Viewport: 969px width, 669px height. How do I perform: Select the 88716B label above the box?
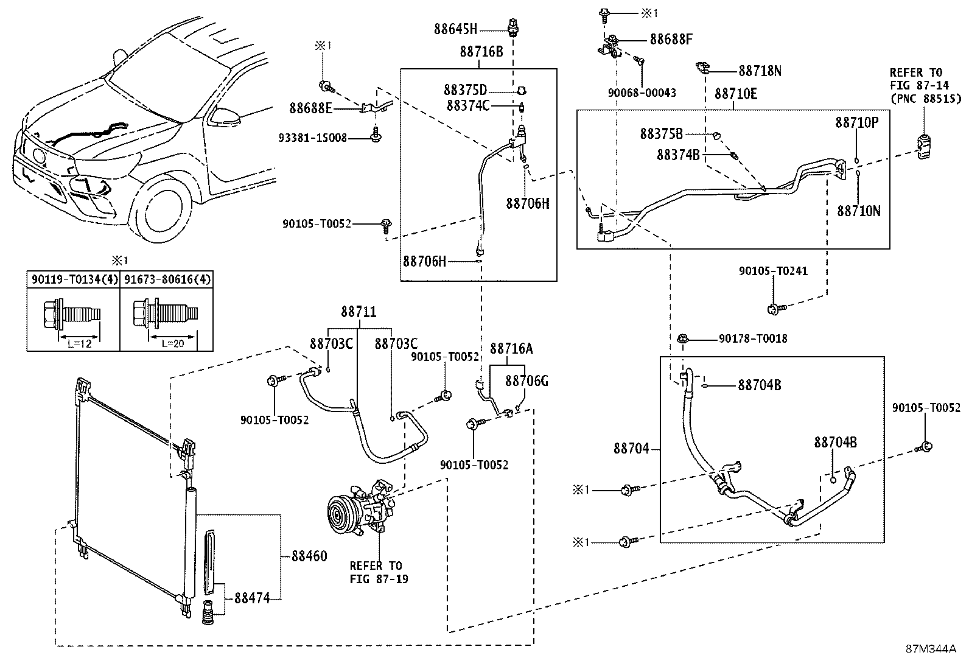coord(481,51)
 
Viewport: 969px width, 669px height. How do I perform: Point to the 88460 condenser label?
coord(309,556)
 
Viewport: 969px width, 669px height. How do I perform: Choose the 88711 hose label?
coord(359,312)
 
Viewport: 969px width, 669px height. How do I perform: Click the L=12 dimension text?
coord(79,344)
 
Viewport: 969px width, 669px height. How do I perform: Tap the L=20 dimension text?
coord(172,344)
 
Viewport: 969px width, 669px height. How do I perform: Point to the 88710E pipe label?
coord(736,94)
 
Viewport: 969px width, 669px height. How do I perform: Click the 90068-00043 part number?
coord(642,93)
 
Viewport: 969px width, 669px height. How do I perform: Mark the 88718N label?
coord(760,71)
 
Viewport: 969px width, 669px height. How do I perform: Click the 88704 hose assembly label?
coord(632,449)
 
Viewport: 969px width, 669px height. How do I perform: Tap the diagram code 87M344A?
coord(931,648)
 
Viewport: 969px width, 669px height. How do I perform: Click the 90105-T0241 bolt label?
coord(773,271)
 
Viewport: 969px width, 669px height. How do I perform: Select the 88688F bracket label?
coord(671,40)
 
